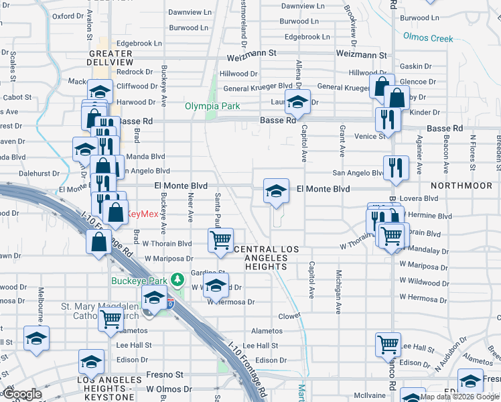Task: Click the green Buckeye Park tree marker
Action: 177,278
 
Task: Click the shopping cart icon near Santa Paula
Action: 220,239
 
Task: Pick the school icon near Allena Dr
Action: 297,103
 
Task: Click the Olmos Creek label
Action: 429,38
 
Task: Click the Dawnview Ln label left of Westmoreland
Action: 184,12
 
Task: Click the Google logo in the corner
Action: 21,394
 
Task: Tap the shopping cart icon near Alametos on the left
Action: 111,320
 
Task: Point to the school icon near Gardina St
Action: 216,285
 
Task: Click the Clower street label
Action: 290,315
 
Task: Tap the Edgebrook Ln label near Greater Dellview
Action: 139,44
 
